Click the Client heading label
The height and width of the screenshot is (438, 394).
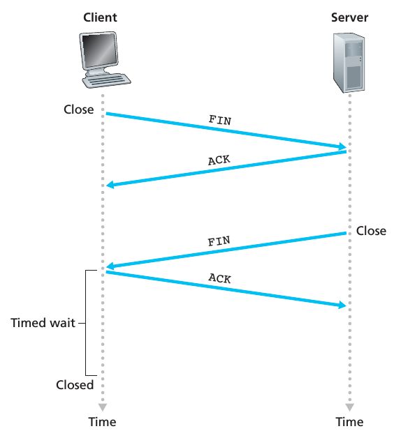pos(100,17)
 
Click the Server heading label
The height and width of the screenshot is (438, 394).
pos(349,17)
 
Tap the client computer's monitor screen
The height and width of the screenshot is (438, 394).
pos(100,50)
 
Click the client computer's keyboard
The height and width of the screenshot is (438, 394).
pos(106,80)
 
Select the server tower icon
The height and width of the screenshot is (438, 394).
pos(349,63)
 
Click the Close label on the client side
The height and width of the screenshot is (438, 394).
pos(79,109)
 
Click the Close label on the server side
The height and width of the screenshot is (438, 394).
pos(371,231)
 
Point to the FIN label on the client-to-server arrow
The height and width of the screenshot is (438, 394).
pos(220,120)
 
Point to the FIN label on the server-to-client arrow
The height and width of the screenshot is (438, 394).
pos(219,241)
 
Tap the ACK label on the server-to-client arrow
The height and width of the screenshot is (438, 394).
pos(219,160)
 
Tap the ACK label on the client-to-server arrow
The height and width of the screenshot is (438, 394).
pos(220,278)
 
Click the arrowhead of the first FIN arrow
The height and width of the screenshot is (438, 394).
pos(342,146)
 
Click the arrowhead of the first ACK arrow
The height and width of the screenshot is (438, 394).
pos(110,185)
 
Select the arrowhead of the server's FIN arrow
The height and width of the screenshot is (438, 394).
pos(110,266)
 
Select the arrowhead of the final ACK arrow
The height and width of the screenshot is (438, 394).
pos(342,305)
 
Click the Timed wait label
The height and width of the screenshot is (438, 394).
pos(43,323)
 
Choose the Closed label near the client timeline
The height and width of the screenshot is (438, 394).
pos(75,385)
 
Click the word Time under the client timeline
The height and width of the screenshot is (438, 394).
pos(103,422)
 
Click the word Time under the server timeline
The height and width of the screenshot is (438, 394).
pos(349,422)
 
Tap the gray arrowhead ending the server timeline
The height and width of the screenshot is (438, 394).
pos(349,407)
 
